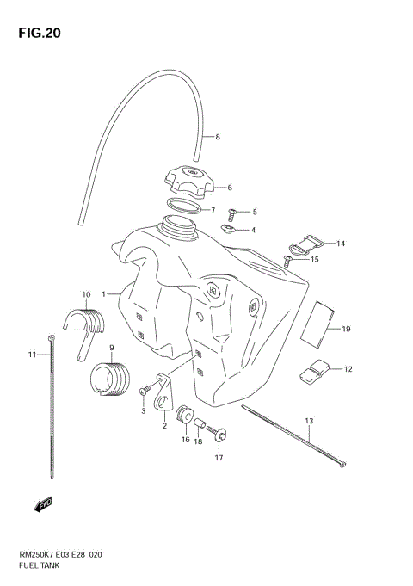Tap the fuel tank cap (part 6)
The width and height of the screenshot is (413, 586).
tap(188, 183)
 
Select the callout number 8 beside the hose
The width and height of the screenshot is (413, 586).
tap(218, 137)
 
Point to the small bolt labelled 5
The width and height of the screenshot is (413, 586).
tap(232, 211)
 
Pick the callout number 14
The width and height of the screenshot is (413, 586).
tap(340, 244)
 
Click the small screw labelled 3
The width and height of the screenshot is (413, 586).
tap(143, 392)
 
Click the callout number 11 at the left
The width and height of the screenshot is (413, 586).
tap(32, 355)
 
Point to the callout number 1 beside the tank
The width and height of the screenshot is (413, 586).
tap(103, 294)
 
